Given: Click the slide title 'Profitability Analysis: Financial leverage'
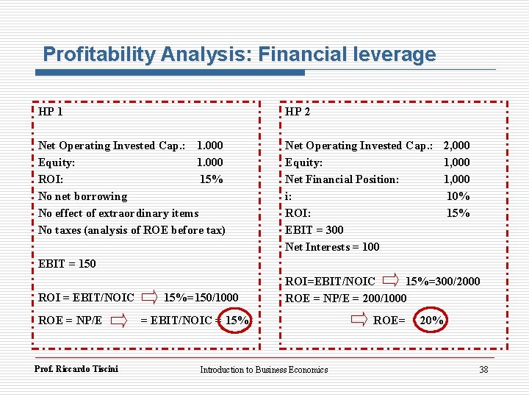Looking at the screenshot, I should tap(239, 54).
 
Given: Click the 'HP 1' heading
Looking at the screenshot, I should tap(50, 112).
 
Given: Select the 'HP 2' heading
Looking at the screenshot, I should tap(298, 112).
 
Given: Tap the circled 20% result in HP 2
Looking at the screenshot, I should tap(431, 320).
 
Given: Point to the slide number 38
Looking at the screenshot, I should tap(483, 370).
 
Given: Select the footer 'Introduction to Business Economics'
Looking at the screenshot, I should tap(264, 370).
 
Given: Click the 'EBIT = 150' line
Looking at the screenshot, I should tap(67, 263).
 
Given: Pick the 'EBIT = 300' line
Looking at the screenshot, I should tap(314, 230).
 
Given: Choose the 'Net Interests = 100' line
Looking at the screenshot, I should tap(332, 247).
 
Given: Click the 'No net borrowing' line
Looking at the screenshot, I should tap(82, 196).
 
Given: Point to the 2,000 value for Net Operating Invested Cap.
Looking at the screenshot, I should tap(456, 146).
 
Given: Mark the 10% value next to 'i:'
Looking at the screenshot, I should tap(458, 196).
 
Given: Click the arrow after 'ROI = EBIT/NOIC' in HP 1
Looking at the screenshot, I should tap(149, 298).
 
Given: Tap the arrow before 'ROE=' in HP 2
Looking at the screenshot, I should tap(359, 320).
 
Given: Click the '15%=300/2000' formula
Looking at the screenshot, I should tap(443, 281).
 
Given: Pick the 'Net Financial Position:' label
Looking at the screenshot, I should tap(342, 179).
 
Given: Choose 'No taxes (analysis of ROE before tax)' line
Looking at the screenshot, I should tap(132, 230).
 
